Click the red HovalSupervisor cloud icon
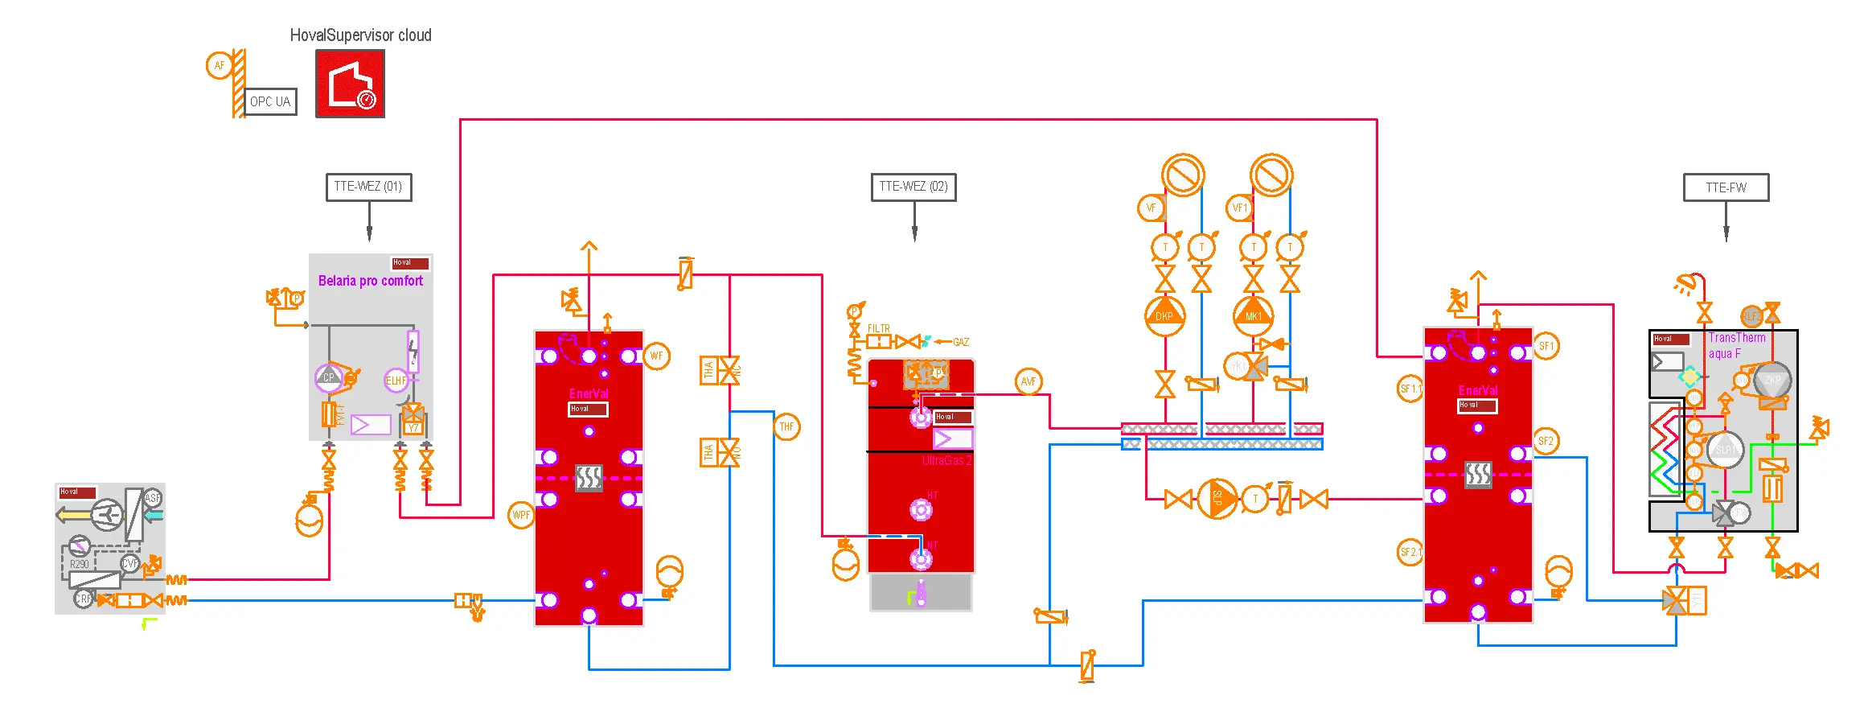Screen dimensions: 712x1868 pyautogui.click(x=350, y=84)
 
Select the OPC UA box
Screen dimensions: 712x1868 pyautogui.click(x=270, y=102)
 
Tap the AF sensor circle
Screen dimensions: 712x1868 pyautogui.click(x=219, y=66)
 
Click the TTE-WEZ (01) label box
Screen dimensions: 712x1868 pyautogui.click(x=368, y=187)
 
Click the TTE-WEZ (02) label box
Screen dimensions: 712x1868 pyautogui.click(x=913, y=187)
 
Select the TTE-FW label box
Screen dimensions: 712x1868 pyautogui.click(x=1726, y=187)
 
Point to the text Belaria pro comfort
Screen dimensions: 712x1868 pyautogui.click(x=370, y=281)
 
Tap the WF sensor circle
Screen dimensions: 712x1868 pyautogui.click(x=656, y=356)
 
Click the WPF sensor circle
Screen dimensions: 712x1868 pyautogui.click(x=521, y=515)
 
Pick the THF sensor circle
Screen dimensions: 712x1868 pyautogui.click(x=786, y=427)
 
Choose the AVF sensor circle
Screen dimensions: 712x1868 pyautogui.click(x=1028, y=381)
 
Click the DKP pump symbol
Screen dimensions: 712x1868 pyautogui.click(x=1164, y=315)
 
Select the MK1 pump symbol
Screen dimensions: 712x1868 pyautogui.click(x=1253, y=315)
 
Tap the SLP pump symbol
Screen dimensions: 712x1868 pyautogui.click(x=1217, y=499)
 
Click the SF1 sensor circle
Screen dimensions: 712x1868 pyautogui.click(x=1546, y=346)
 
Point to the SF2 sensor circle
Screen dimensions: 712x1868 pyautogui.click(x=1546, y=441)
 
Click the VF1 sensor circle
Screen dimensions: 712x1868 pyautogui.click(x=1240, y=208)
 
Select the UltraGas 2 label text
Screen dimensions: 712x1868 pyautogui.click(x=946, y=461)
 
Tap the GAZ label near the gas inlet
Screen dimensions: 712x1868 pyautogui.click(x=961, y=342)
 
